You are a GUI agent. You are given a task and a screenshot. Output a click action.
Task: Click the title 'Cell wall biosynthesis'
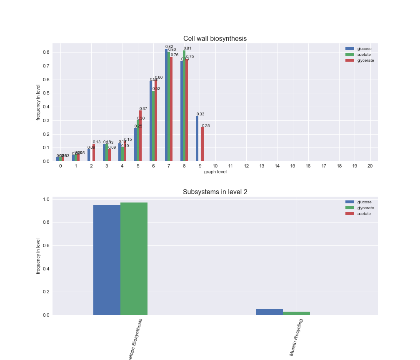pyautogui.click(x=215, y=39)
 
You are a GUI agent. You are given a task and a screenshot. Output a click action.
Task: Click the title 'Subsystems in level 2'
pyautogui.click(x=215, y=192)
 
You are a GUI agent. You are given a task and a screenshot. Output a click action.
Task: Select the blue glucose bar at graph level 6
pyautogui.click(x=151, y=121)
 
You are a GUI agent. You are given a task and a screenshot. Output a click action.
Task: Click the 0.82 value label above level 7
pyautogui.click(x=169, y=47)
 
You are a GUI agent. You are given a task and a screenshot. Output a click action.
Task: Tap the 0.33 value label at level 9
pyautogui.click(x=200, y=114)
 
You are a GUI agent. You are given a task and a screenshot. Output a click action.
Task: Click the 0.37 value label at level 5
pyautogui.click(x=143, y=109)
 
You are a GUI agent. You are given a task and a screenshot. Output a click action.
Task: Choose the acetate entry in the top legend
pyautogui.click(x=364, y=55)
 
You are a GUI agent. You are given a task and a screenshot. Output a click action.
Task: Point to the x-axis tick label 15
pyautogui.click(x=292, y=166)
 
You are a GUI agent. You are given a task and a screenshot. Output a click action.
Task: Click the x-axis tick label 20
pyautogui.click(x=370, y=166)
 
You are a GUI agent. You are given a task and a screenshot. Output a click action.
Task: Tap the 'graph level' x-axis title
pyautogui.click(x=215, y=172)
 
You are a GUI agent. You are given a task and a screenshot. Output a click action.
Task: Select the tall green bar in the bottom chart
pyautogui.click(x=134, y=258)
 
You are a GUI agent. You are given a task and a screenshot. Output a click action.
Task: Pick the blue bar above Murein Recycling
pyautogui.click(x=269, y=312)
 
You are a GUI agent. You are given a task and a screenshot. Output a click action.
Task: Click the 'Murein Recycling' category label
pyautogui.click(x=296, y=337)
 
